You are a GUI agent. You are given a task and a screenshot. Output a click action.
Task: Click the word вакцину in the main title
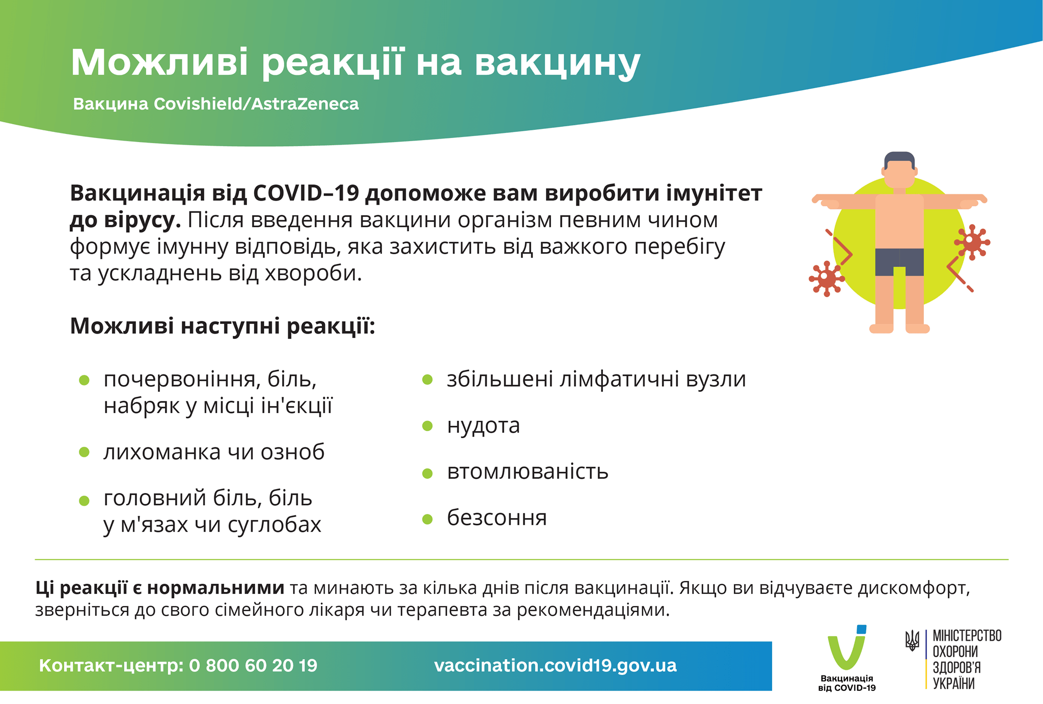(557, 63)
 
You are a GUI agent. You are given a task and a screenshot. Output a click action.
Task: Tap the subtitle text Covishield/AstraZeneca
(256, 104)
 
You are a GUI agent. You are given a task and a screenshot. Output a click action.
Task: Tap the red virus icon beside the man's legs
(826, 278)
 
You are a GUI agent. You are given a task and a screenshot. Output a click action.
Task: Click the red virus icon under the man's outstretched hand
(972, 241)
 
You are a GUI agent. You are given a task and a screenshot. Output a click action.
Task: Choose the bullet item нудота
(483, 425)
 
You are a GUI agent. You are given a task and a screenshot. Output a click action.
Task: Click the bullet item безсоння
(497, 518)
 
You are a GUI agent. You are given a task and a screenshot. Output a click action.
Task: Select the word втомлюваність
(528, 472)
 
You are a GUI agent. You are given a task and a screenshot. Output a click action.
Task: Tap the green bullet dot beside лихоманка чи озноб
(85, 452)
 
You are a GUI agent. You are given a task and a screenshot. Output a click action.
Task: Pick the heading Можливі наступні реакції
(223, 326)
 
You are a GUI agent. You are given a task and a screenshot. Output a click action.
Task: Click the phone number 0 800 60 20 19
(253, 666)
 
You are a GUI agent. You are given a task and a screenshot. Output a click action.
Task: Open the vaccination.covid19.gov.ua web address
(555, 666)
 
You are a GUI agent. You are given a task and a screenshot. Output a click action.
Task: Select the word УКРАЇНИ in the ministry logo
(953, 684)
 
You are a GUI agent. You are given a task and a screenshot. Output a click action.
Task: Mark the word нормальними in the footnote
(215, 588)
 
